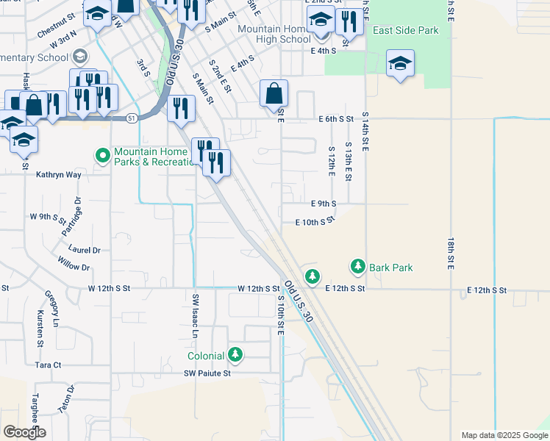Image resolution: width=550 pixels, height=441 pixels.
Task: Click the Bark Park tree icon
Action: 358,266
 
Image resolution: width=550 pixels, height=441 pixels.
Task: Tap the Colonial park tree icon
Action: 235,355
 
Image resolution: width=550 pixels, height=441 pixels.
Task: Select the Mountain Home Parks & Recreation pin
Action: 103,156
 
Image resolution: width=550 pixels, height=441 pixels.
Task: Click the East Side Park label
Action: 406,31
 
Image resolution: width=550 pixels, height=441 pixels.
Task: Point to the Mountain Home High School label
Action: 275,34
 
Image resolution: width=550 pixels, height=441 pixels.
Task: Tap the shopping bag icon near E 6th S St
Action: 274,94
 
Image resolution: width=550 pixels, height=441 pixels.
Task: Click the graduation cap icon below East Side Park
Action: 400,64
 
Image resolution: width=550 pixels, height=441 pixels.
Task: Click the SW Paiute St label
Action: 207,373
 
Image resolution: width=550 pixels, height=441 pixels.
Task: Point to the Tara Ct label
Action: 48,365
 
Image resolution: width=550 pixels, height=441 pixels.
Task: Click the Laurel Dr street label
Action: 86,251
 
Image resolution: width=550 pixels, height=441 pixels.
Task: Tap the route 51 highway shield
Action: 131,118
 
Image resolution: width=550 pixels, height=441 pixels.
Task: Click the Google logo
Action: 24,431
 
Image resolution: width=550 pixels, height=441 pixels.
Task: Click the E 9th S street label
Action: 324,203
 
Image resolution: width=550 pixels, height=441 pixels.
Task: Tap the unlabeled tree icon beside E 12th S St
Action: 313,276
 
